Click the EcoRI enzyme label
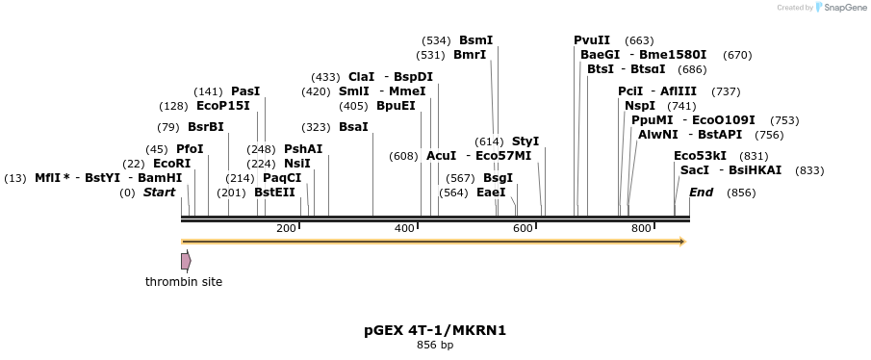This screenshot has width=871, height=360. coord(171,164)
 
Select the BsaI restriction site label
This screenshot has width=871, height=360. coord(353,126)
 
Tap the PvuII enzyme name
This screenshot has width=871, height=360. coord(592,40)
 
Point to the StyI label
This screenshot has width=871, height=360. coord(525,141)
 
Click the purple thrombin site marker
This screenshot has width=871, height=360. coord(186,261)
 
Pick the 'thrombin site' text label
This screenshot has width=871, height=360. coord(184,282)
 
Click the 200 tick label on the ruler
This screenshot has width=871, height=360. coord(286,228)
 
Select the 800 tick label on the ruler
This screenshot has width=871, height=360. coord(641,228)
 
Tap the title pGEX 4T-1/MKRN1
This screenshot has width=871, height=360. coord(435,330)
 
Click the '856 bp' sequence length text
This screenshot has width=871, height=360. coord(435,345)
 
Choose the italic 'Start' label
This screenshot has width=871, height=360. coord(159,193)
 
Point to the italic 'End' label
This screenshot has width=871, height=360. coord(701,193)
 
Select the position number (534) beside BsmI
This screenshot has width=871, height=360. coord(436,40)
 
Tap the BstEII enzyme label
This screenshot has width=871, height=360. coord(275,193)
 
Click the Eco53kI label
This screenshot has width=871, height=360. coord(700,155)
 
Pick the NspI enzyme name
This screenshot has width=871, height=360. coord(640,106)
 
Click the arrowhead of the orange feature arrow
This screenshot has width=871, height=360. coord(681,242)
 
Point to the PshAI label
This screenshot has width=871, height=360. coord(303,149)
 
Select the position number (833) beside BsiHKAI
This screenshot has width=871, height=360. coord(810,170)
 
